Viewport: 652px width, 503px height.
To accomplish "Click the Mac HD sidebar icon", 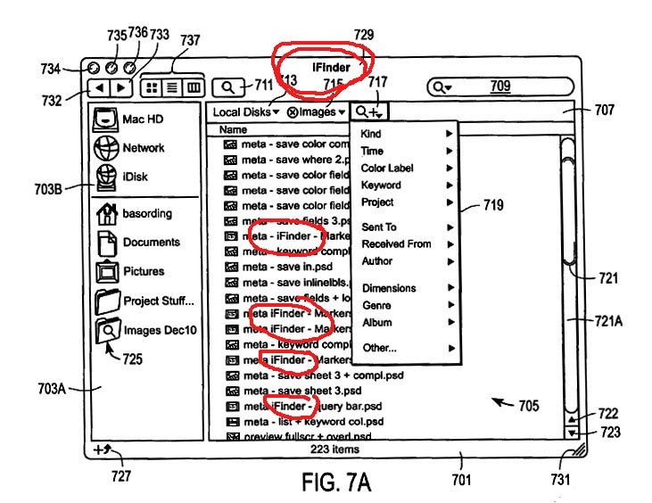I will click(x=107, y=119).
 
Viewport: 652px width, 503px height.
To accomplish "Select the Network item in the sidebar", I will click(x=107, y=148).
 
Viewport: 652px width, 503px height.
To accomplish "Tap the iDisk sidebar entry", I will click(x=107, y=177).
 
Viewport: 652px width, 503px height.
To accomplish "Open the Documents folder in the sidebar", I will click(x=107, y=243).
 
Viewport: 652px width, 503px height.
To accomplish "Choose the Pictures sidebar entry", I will click(x=107, y=271).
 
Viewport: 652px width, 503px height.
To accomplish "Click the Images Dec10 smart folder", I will click(x=107, y=330).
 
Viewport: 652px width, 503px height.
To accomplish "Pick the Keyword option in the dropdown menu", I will click(x=381, y=186).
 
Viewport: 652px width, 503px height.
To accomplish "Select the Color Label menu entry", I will click(x=387, y=169).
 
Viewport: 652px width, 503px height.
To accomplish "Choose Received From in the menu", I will click(x=396, y=244).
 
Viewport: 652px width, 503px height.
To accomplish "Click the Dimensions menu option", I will click(x=388, y=289).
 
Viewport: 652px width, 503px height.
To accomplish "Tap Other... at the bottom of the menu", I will click(x=379, y=348).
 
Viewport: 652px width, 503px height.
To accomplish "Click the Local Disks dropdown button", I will click(x=245, y=112).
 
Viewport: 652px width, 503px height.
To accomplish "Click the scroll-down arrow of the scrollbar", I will click(x=571, y=433).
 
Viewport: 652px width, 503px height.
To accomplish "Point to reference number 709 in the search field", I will click(x=500, y=87).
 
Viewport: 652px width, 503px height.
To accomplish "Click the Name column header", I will click(x=233, y=130).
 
